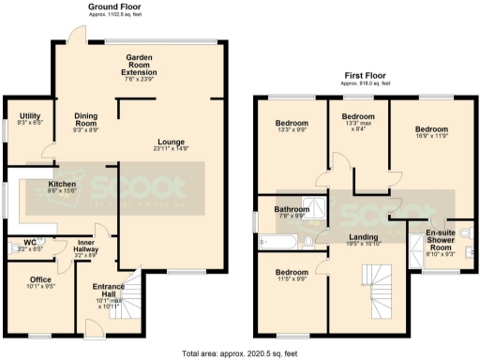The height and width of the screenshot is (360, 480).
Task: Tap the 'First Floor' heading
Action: coord(365,74)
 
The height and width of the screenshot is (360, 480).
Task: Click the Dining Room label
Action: coord(86,119)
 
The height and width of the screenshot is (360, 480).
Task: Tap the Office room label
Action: coord(39,279)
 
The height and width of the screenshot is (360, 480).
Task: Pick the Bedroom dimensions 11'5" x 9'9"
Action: coord(292,279)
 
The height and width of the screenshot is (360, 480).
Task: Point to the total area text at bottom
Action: coord(240,353)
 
